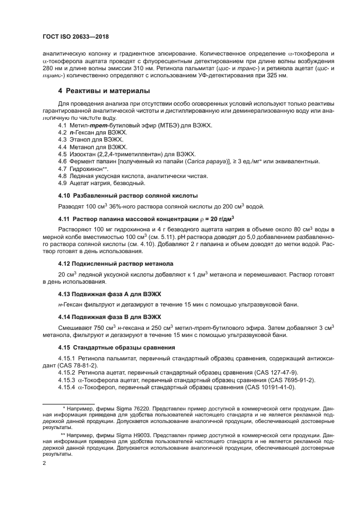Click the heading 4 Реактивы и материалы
click(104, 90)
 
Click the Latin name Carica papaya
click(203, 162)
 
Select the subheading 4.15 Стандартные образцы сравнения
click(116, 347)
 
